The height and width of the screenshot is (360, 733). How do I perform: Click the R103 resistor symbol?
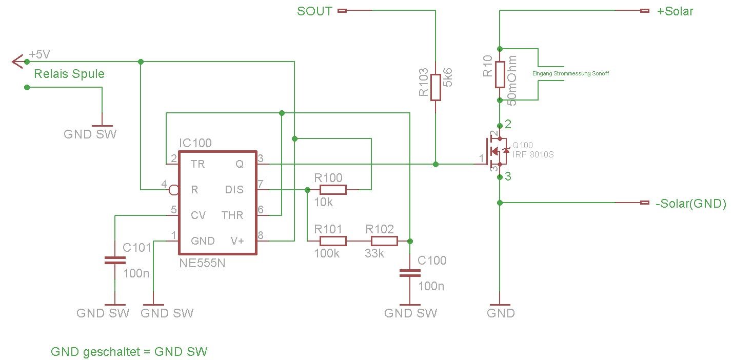[x=435, y=87]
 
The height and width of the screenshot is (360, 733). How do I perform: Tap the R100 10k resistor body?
[x=333, y=190]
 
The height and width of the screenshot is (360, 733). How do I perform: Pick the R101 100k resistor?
[x=333, y=241]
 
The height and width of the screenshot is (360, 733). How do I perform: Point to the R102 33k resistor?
[x=384, y=241]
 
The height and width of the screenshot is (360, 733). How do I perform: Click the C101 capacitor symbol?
[x=114, y=261]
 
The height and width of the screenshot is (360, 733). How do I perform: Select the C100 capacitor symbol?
[x=409, y=273]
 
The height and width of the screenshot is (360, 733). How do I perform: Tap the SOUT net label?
[x=314, y=11]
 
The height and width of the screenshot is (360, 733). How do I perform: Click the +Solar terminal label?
[x=675, y=11]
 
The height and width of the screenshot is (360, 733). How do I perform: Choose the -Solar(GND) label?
[x=691, y=203]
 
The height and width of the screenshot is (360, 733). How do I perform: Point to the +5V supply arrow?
[x=18, y=62]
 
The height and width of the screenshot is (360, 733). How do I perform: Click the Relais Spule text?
[x=69, y=74]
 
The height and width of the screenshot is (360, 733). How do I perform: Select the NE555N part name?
[x=202, y=264]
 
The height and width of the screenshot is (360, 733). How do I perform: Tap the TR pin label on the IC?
[x=197, y=164]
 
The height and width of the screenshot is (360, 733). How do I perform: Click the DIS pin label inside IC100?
[x=234, y=190]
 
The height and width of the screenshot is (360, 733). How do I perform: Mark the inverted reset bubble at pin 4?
[x=174, y=190]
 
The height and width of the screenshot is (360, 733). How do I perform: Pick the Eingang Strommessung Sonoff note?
[x=571, y=74]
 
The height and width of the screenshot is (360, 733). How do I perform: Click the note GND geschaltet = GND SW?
[x=129, y=352]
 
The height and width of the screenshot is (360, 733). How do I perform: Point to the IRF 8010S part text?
[x=533, y=154]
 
